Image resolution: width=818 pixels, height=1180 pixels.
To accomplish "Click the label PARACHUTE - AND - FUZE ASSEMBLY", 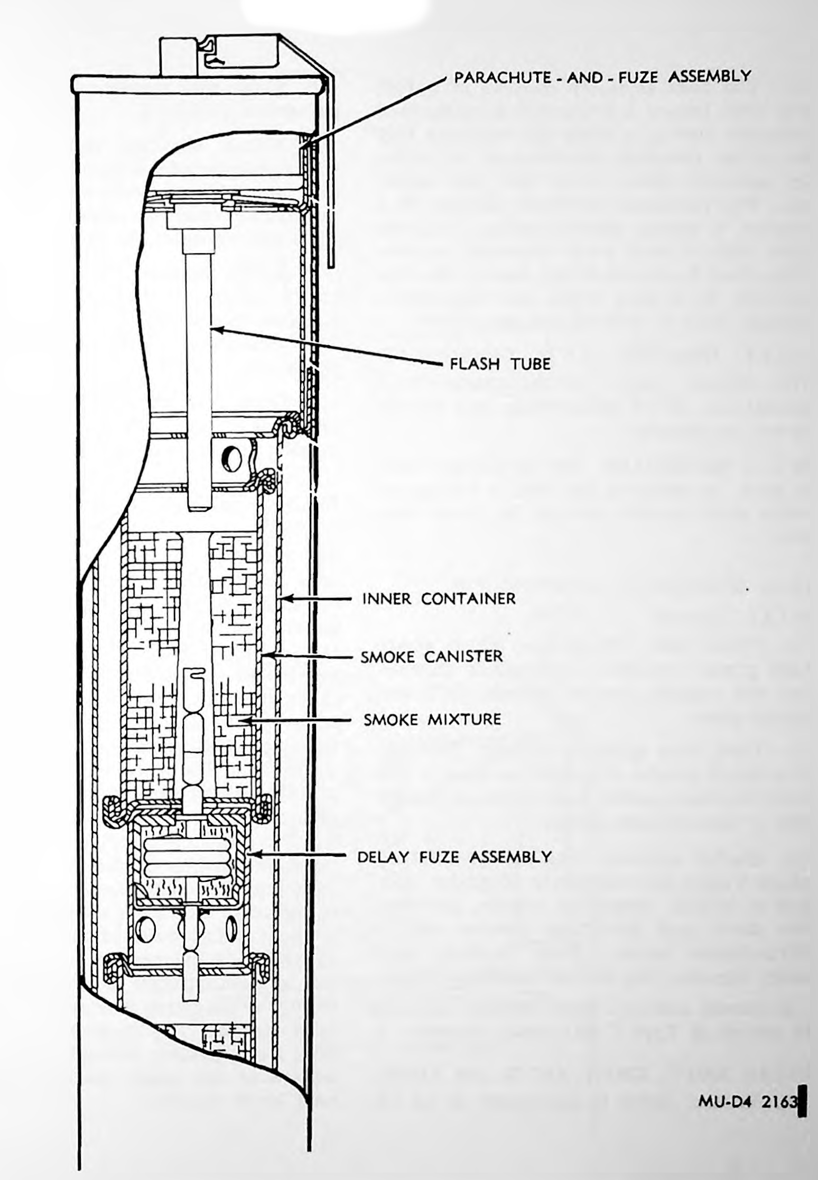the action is [x=602, y=77].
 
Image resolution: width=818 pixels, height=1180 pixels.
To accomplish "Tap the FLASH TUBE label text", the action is [x=500, y=363].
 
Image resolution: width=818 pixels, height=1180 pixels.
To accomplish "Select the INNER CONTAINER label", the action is [x=439, y=598].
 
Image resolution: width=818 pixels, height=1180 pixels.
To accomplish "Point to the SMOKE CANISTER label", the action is [x=432, y=656].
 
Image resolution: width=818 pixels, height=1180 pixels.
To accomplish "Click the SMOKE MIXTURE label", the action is [x=432, y=719].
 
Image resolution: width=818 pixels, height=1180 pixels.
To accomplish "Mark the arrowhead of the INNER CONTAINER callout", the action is [x=286, y=598].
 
